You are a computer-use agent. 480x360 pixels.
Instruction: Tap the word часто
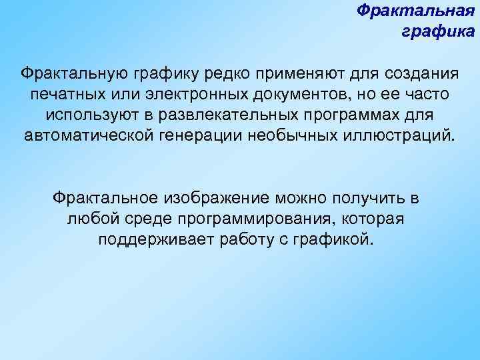(x=431, y=93)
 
